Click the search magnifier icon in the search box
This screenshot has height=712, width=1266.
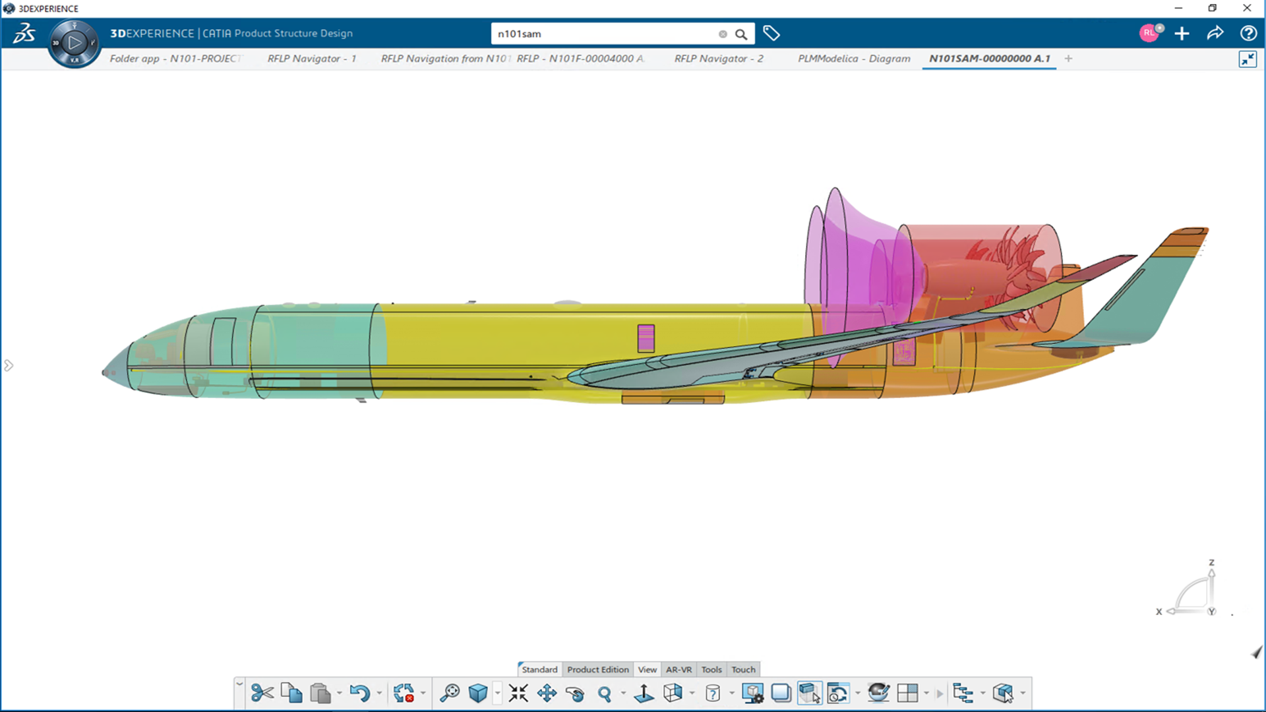741,34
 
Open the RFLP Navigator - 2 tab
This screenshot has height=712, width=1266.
719,59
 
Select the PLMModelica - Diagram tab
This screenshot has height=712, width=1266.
854,59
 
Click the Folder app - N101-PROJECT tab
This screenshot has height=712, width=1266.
175,59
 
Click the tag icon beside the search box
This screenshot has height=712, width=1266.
771,33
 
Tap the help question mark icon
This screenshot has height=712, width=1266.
1248,33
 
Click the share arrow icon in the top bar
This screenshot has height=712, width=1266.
1215,33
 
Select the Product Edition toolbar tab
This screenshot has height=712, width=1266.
597,669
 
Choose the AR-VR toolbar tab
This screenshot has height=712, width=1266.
678,669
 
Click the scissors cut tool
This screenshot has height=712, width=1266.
262,693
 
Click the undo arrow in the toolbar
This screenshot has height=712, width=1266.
359,693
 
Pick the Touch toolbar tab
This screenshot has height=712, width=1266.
743,669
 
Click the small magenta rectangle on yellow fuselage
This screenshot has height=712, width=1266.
646,338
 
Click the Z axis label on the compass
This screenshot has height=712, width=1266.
1211,562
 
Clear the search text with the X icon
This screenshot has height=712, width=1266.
723,34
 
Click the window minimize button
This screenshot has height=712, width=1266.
1178,8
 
